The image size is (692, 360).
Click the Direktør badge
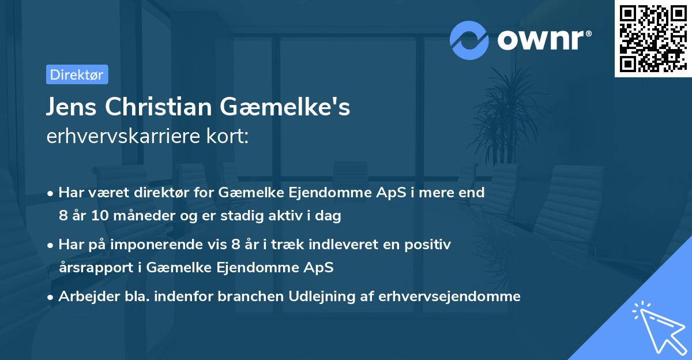coord(77,74)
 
